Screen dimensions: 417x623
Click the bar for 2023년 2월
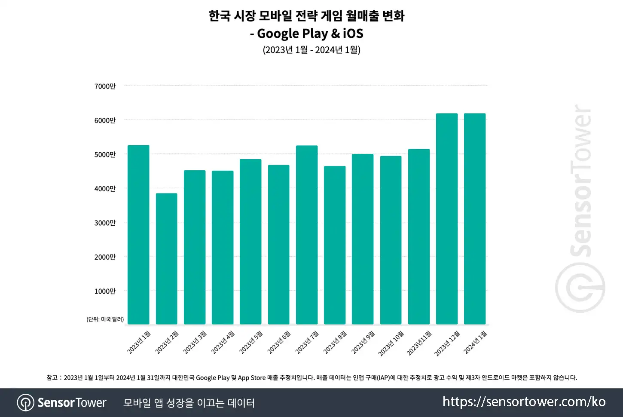click(x=166, y=259)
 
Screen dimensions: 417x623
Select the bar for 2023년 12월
click(x=447, y=219)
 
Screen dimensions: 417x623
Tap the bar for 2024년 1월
click(x=475, y=219)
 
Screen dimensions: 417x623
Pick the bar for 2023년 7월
click(x=307, y=235)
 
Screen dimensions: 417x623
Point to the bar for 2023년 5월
click(x=250, y=242)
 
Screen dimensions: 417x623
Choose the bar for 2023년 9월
click(x=363, y=239)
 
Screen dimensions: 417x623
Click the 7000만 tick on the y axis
click(x=105, y=86)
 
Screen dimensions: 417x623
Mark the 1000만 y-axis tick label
click(x=105, y=291)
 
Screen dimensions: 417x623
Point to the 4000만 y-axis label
click(x=105, y=189)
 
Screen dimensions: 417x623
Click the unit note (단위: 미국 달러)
click(x=105, y=319)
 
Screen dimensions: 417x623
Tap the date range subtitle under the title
click(x=311, y=50)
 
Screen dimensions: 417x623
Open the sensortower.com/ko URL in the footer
click(x=524, y=402)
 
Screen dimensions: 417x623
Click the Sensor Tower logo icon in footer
click(x=25, y=403)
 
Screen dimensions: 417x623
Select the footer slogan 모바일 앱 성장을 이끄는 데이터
click(x=189, y=403)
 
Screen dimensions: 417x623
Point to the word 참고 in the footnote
click(x=52, y=378)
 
